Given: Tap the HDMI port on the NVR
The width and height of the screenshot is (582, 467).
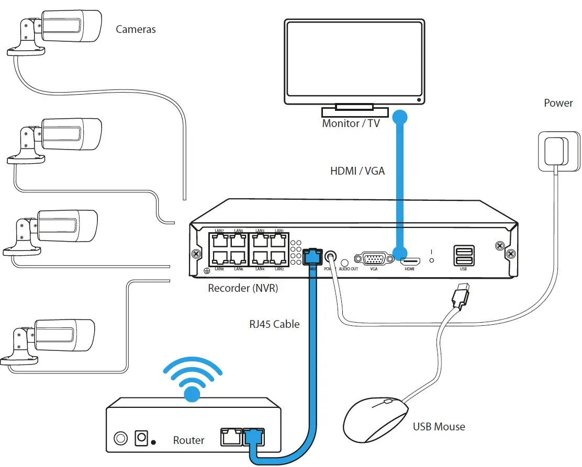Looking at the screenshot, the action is [x=409, y=260].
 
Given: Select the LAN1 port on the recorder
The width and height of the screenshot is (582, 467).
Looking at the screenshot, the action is [x=278, y=241].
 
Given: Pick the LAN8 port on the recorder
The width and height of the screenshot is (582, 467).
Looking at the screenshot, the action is [x=220, y=257].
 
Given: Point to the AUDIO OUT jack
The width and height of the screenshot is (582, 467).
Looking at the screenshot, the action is [x=344, y=263].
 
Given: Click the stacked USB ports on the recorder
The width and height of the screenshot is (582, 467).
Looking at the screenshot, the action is [x=463, y=256].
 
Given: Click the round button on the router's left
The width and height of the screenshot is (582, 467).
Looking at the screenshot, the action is [x=121, y=438].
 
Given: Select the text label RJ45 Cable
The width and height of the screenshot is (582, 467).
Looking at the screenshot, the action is [x=274, y=324].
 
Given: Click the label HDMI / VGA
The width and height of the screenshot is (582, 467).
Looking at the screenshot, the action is [x=357, y=171].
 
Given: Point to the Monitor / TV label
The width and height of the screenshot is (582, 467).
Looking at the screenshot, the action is [x=351, y=124].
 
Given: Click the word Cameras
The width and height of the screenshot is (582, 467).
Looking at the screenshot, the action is [x=136, y=29].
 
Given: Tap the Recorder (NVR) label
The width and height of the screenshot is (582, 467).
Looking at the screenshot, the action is [x=243, y=288].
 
